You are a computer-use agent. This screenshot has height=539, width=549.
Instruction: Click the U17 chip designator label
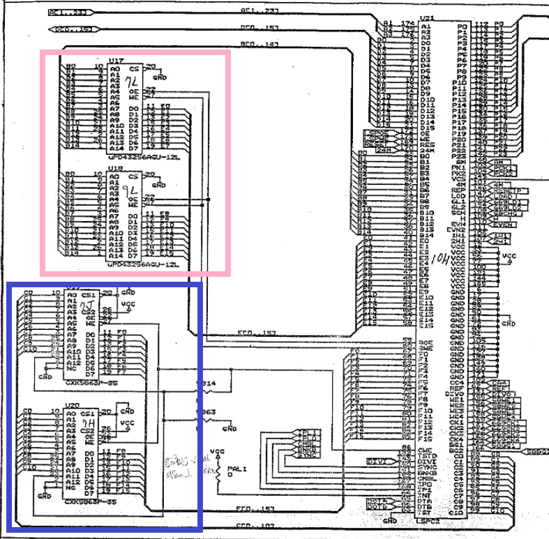(116, 61)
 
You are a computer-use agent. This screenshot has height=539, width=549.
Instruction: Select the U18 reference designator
(116, 169)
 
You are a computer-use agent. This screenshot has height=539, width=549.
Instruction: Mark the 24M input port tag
(382, 149)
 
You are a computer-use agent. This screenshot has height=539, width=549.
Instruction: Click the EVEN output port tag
(504, 224)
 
